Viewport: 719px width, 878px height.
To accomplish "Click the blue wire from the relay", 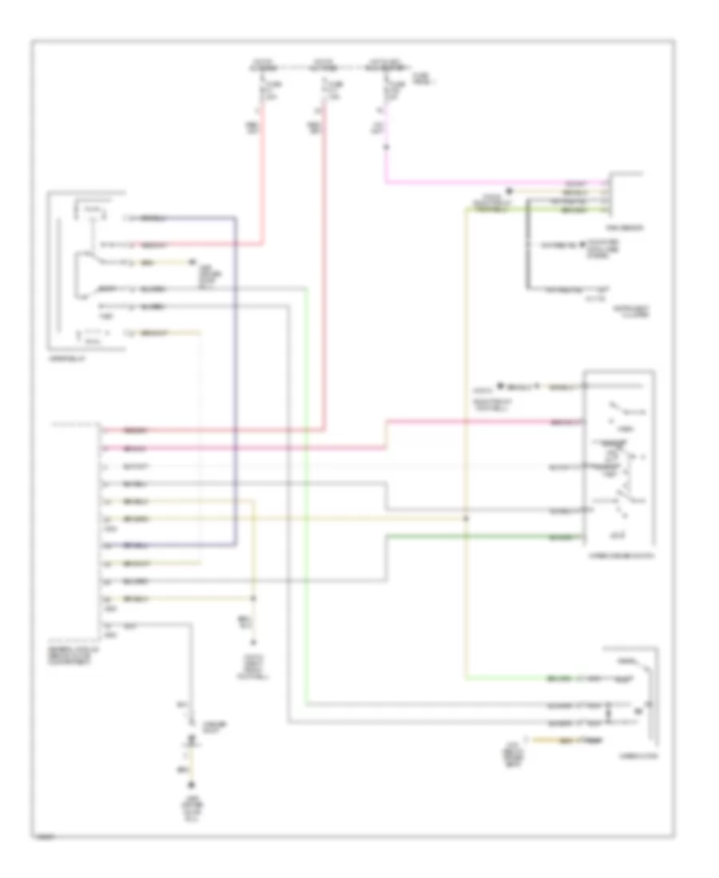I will click(x=236, y=383).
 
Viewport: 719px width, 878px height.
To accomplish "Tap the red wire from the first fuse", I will click(x=264, y=184).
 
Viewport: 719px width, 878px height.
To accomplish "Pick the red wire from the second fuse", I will click(x=324, y=279).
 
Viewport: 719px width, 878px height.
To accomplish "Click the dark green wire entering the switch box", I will click(x=479, y=537).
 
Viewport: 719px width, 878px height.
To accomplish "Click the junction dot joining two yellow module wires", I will click(x=255, y=598).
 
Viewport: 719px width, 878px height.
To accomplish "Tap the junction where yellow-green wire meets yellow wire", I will click(x=467, y=518).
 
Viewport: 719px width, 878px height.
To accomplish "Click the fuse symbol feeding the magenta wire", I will click(x=387, y=86).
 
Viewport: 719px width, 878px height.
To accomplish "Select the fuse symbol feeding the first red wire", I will click(x=262, y=87).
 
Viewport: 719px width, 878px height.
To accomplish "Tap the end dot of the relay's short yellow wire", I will click(x=192, y=262).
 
